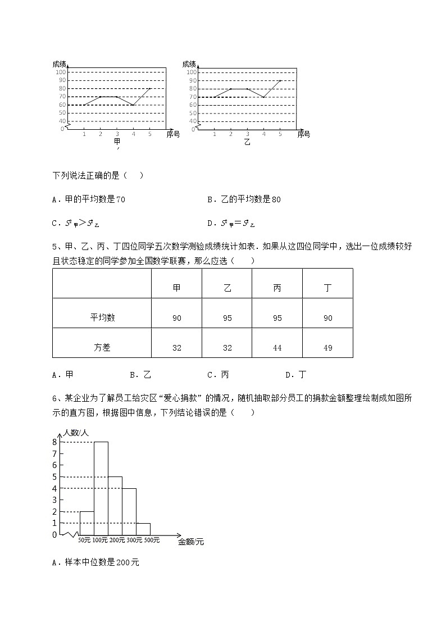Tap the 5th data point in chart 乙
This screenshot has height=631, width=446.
pos(280,80)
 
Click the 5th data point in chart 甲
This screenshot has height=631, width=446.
pos(150,88)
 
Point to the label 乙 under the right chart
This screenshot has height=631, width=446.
pos(247,142)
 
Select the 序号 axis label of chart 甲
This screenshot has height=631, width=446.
pos(173,134)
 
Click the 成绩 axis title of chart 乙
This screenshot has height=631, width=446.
pos(189,64)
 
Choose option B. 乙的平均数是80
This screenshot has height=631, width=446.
pos(244,199)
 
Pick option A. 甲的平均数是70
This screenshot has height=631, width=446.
pos(88,199)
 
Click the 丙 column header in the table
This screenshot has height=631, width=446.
pos(277,288)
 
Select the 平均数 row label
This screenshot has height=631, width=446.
pos(102,317)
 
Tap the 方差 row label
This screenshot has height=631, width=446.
pos(102,348)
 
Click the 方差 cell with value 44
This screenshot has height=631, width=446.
pos(277,348)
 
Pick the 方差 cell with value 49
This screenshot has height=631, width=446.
pos(327,348)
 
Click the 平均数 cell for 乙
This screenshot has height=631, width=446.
pos(227,318)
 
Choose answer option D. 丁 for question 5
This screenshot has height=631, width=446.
pos(295,375)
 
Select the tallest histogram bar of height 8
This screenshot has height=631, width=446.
pos(101,489)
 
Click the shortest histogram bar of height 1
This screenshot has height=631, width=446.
pos(143,529)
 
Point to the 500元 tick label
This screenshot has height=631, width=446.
pos(152,541)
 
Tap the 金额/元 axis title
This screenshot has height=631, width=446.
pos(191,542)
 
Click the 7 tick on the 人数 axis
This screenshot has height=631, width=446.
pos(54,465)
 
